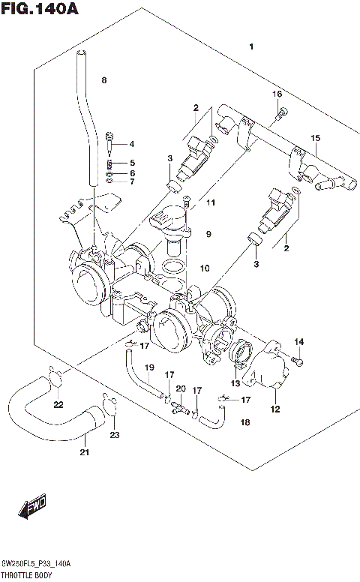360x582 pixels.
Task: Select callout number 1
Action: [252, 47]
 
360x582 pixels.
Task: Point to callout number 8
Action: [104, 79]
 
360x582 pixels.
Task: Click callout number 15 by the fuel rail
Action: [315, 138]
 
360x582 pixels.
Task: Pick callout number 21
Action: [84, 451]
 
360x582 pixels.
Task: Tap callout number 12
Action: [274, 409]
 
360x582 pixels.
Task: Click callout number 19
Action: [149, 367]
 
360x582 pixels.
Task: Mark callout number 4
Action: [131, 144]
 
